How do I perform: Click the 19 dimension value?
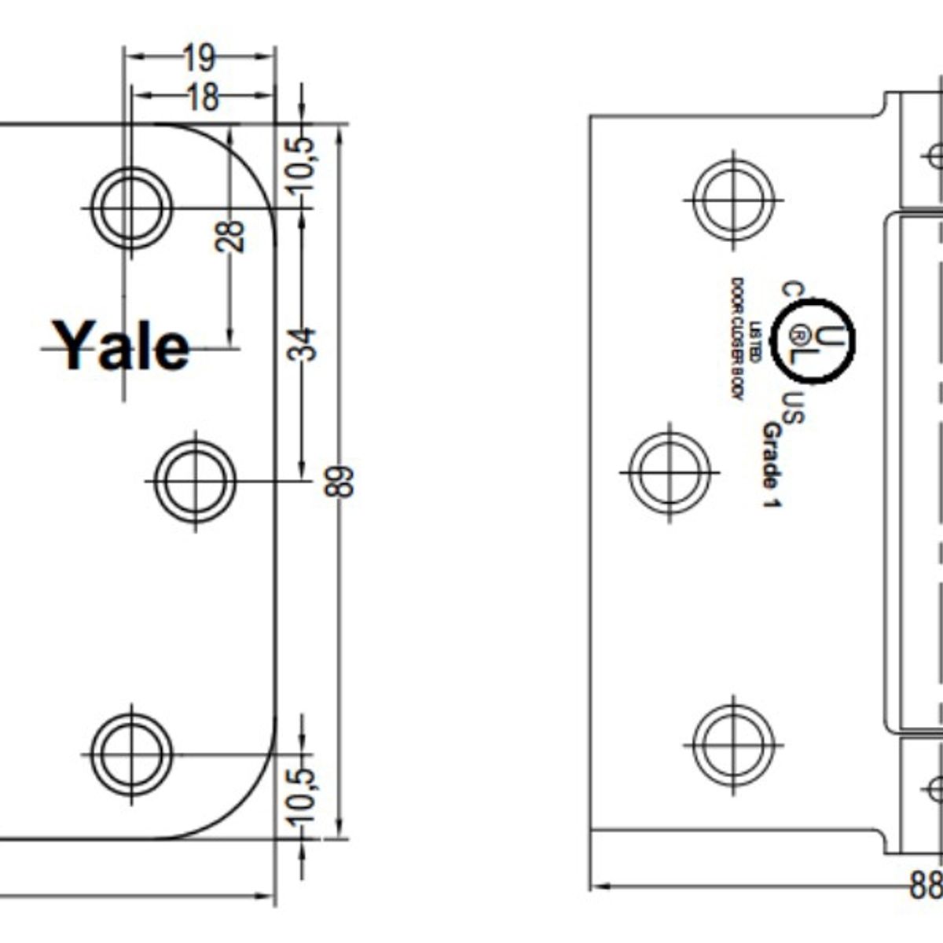(200, 57)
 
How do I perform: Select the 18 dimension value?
(202, 97)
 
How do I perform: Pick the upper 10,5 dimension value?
(302, 163)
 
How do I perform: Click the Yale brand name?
(124, 346)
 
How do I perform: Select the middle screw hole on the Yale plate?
(195, 479)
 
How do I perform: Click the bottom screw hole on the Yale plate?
(131, 754)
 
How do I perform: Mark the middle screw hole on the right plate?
(670, 472)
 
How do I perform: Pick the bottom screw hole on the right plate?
(733, 743)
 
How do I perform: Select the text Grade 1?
(772, 465)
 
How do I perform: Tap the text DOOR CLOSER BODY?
(738, 339)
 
